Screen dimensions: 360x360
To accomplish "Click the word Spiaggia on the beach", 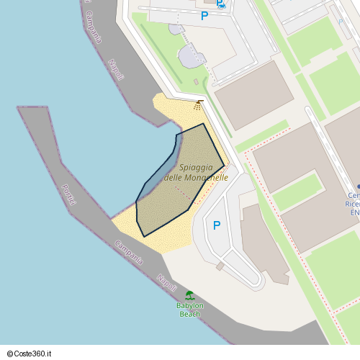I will click(197, 167).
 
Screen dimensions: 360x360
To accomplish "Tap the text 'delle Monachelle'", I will click(197, 177).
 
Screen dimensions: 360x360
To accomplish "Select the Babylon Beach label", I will click(190, 310).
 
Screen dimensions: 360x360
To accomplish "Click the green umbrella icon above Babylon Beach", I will click(189, 295).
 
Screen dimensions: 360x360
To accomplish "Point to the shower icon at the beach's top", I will click(197, 107).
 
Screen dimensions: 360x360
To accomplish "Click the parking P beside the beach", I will click(217, 225).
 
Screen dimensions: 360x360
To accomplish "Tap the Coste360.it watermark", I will click(34, 353).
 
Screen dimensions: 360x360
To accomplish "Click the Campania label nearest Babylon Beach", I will click(128, 252).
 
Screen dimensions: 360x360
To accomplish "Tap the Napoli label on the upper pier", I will click(116, 70).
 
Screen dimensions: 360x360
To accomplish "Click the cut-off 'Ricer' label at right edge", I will click(354, 204).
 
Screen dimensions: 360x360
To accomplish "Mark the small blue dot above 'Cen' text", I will click(358, 186).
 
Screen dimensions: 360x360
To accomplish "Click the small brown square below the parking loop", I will click(220, 266).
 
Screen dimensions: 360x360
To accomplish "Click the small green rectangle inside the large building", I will click(297, 192).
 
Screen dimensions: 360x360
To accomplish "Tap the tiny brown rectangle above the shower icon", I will click(200, 101).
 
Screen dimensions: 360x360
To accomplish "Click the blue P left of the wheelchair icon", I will click(204, 15).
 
